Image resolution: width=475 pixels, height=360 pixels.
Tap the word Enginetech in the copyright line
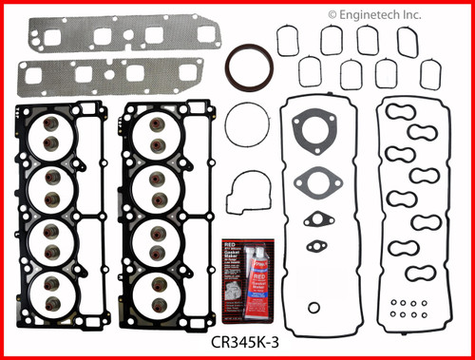coord(382,14)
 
